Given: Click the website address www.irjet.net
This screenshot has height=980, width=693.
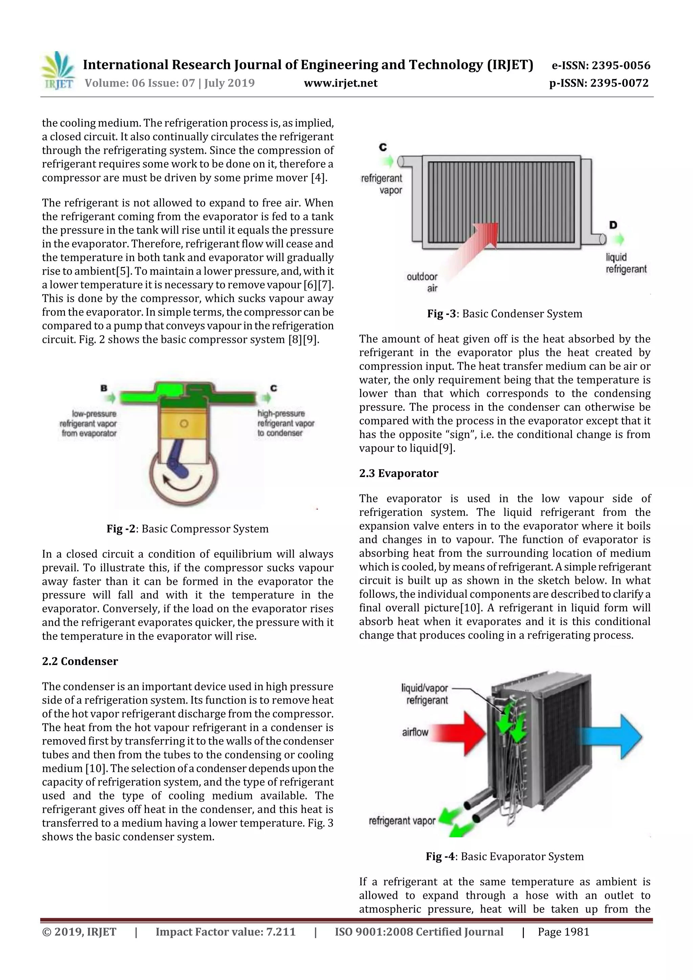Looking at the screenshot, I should pyautogui.click(x=340, y=83).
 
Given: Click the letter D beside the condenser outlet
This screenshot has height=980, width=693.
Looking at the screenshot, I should pyautogui.click(x=613, y=225).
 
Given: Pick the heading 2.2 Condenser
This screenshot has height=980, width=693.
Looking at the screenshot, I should pyautogui.click(x=80, y=661).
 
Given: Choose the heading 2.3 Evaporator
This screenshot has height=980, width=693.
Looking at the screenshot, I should pyautogui.click(x=398, y=473).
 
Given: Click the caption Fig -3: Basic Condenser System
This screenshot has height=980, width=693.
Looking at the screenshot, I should pyautogui.click(x=504, y=314).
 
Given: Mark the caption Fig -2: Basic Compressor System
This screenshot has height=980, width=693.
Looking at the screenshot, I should pyautogui.click(x=187, y=529).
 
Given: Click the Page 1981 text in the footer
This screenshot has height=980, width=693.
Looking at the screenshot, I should pyautogui.click(x=563, y=932).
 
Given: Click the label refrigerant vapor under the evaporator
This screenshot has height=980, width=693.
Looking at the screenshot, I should pyautogui.click(x=402, y=820).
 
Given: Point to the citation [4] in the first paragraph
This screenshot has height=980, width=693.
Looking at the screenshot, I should pyautogui.click(x=318, y=178).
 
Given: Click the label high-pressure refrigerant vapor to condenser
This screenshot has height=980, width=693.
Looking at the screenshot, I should pyautogui.click(x=286, y=423).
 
